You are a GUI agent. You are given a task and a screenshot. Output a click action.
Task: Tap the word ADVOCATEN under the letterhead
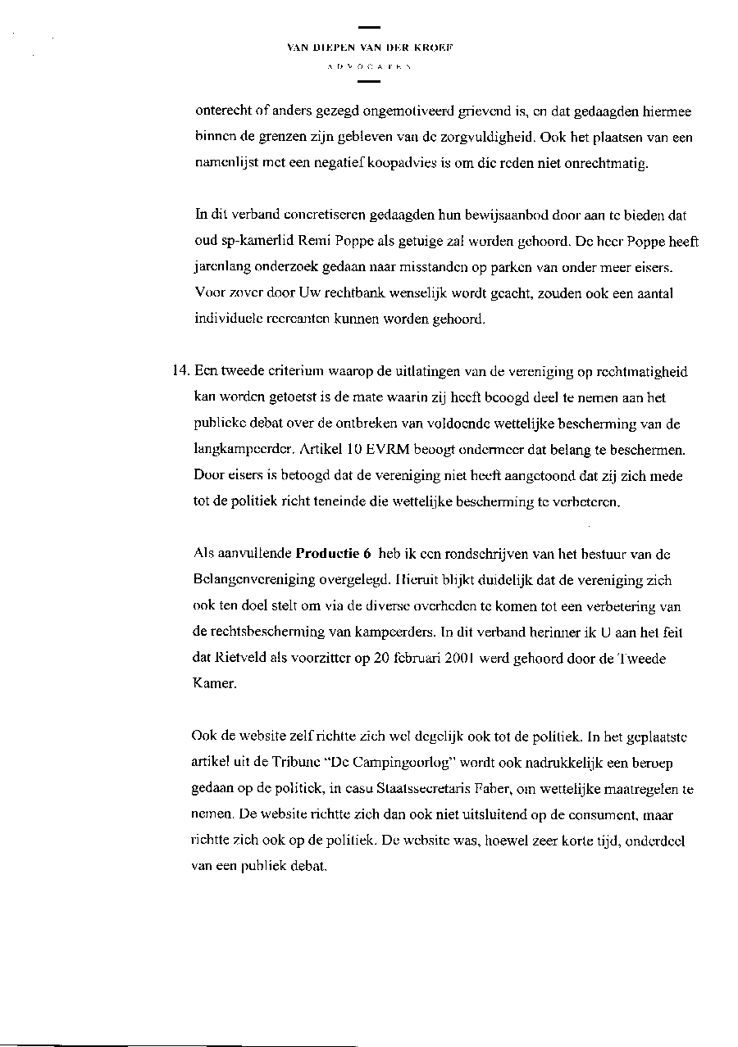click(370, 66)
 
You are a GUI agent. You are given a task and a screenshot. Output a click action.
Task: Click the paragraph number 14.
click(180, 371)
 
